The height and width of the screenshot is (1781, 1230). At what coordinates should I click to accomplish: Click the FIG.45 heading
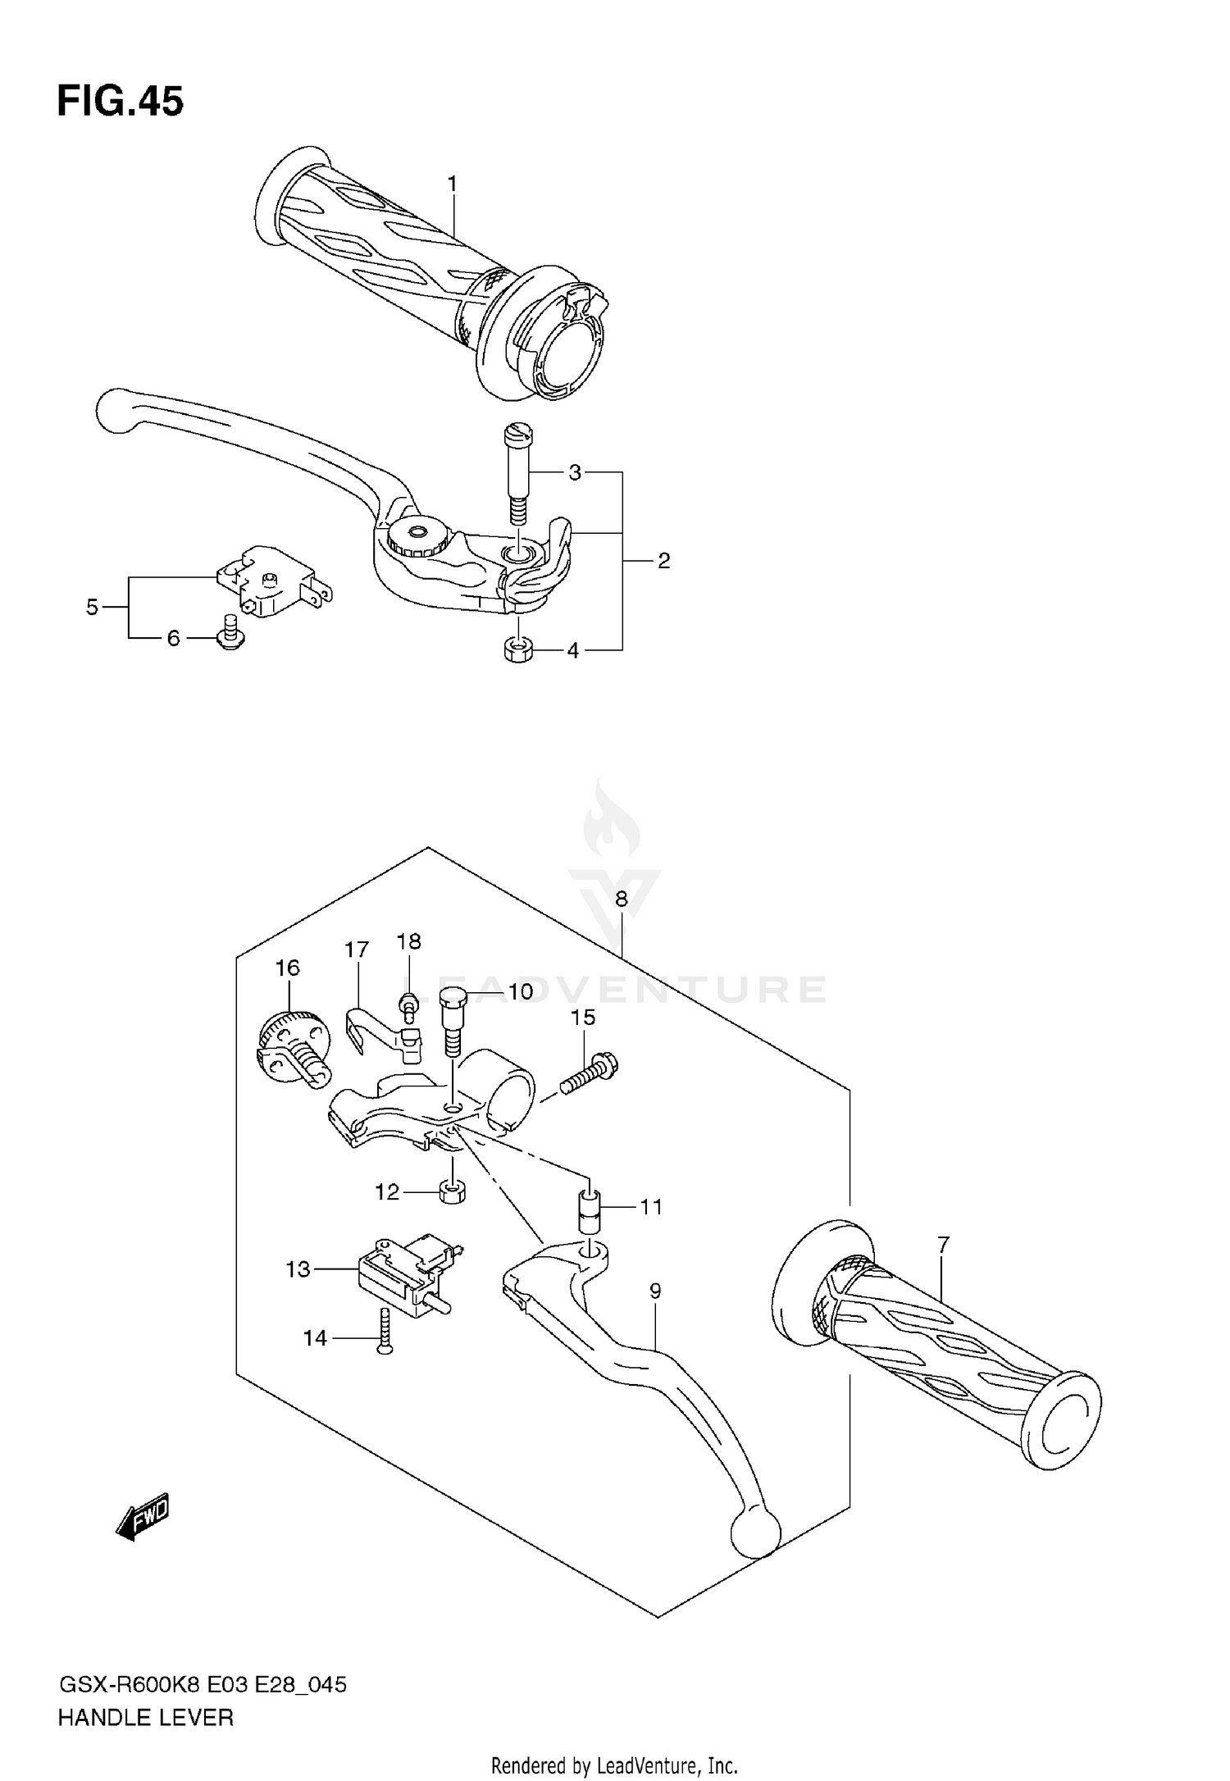tap(121, 102)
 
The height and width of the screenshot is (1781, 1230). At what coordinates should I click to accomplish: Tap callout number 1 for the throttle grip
tap(452, 184)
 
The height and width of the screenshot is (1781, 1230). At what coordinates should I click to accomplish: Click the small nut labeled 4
tap(517, 651)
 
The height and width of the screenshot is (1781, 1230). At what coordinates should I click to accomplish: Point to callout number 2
tap(663, 561)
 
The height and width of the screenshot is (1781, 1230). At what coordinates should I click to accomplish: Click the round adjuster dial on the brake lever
tap(417, 537)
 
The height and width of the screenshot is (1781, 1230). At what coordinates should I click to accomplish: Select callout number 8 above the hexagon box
tap(621, 899)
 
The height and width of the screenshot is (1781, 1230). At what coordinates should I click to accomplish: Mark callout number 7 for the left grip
tap(942, 1245)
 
